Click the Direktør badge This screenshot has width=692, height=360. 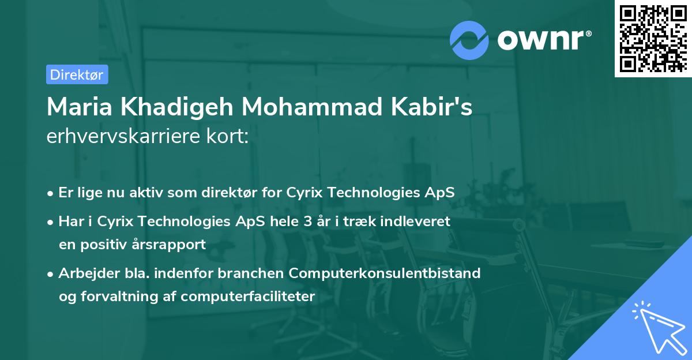tap(77, 74)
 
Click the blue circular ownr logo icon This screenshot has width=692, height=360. tap(469, 40)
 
